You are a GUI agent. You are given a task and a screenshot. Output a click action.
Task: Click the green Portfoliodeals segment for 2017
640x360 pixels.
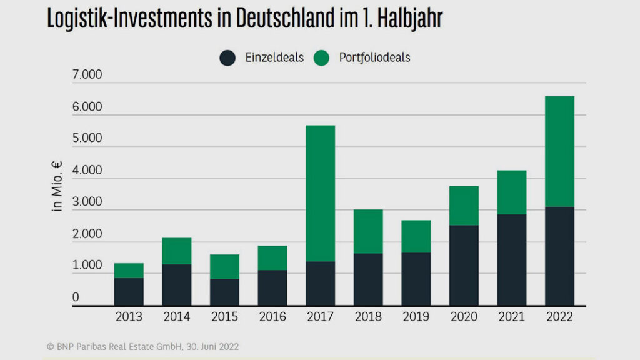pos(320,193)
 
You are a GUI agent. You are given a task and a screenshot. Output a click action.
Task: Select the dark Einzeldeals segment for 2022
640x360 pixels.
pos(559,256)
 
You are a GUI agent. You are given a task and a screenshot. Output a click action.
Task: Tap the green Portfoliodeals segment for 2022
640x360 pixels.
pos(559,151)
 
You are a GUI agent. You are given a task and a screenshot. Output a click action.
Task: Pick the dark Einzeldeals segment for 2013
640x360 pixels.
pos(129,291)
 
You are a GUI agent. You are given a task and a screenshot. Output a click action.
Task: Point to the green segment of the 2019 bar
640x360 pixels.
pos(416,236)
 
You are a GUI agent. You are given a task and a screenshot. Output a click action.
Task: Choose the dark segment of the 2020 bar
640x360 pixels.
pos(464,265)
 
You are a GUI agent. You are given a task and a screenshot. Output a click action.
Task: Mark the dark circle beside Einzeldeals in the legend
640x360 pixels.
pos(227,58)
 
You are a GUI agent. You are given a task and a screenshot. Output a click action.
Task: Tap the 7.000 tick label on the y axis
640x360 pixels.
pos(87,76)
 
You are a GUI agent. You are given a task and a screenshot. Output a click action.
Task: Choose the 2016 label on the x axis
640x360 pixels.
pos(272,317)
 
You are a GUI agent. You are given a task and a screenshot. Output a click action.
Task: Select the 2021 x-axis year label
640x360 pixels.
pos(511,317)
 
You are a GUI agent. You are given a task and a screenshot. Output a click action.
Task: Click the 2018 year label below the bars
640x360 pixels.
pos(367,317)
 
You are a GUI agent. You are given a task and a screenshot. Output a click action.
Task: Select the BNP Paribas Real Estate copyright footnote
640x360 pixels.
pos(142,346)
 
